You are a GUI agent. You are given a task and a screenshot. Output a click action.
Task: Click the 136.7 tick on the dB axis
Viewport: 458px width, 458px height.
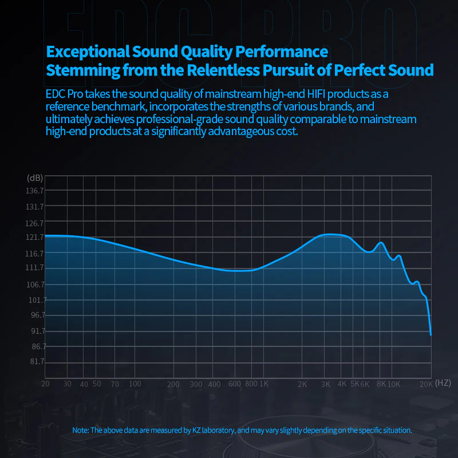35,190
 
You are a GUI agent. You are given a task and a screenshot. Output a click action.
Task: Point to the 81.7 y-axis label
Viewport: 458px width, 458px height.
35,362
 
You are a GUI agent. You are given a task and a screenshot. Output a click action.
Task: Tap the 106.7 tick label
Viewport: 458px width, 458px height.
35,285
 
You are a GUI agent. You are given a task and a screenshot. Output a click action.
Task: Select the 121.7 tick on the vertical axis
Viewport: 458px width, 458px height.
35,237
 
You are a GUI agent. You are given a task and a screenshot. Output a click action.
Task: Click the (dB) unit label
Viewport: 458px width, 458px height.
35,178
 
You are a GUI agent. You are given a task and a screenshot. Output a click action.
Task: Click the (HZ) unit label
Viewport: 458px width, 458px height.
443,382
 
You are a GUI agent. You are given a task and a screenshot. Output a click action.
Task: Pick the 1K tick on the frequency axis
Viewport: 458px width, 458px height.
264,384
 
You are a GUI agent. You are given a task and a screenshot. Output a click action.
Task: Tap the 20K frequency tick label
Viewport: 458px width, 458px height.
426,384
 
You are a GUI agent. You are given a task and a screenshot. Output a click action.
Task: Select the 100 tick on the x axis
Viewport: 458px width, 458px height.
135,384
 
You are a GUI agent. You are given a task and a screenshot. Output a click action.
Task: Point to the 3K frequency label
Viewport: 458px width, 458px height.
326,384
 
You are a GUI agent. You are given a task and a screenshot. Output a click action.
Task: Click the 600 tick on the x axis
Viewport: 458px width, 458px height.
234,384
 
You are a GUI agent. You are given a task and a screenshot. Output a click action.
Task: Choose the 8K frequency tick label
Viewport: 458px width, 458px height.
381,384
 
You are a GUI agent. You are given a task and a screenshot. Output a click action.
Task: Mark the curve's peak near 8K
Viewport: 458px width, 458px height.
381,243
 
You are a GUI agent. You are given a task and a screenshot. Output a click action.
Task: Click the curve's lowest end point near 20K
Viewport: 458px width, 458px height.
431,334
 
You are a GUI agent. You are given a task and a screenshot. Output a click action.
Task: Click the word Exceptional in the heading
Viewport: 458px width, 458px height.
88,52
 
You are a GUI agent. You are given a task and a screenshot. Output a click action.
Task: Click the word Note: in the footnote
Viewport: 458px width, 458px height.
81,430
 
